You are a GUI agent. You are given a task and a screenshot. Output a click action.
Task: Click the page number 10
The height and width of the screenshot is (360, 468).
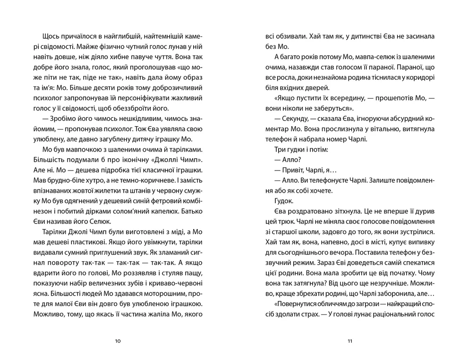pyautogui.click(x=118, y=340)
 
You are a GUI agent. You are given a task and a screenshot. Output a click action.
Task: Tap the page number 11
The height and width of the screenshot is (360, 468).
pyautogui.click(x=350, y=340)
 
